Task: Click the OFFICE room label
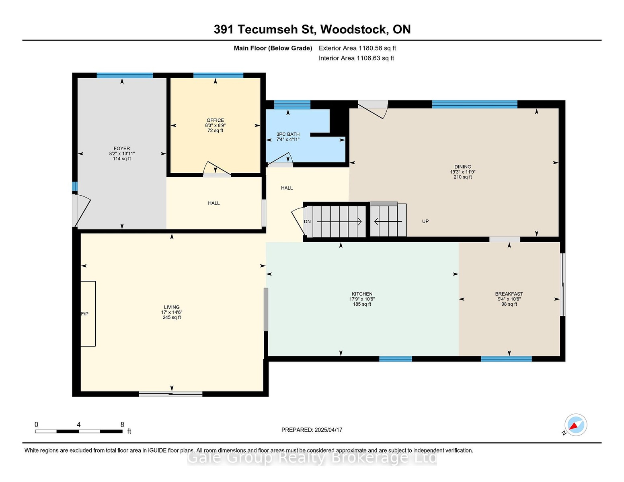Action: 215,120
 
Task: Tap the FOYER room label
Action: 122,149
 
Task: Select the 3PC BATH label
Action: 288,134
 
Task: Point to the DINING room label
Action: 463,167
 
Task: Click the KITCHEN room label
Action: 362,294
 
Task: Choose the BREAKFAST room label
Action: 509,294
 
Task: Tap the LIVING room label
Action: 172,307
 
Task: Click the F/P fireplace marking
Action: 85,314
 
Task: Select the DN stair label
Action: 307,222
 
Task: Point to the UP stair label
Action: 425,221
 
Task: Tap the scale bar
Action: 79,431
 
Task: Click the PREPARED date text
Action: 312,430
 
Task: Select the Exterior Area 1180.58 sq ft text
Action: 357,48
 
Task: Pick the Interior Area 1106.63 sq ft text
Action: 356,58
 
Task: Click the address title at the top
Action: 312,30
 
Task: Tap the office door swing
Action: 217,169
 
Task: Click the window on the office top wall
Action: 218,76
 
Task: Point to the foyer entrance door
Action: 82,210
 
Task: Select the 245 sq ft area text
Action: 172,317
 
